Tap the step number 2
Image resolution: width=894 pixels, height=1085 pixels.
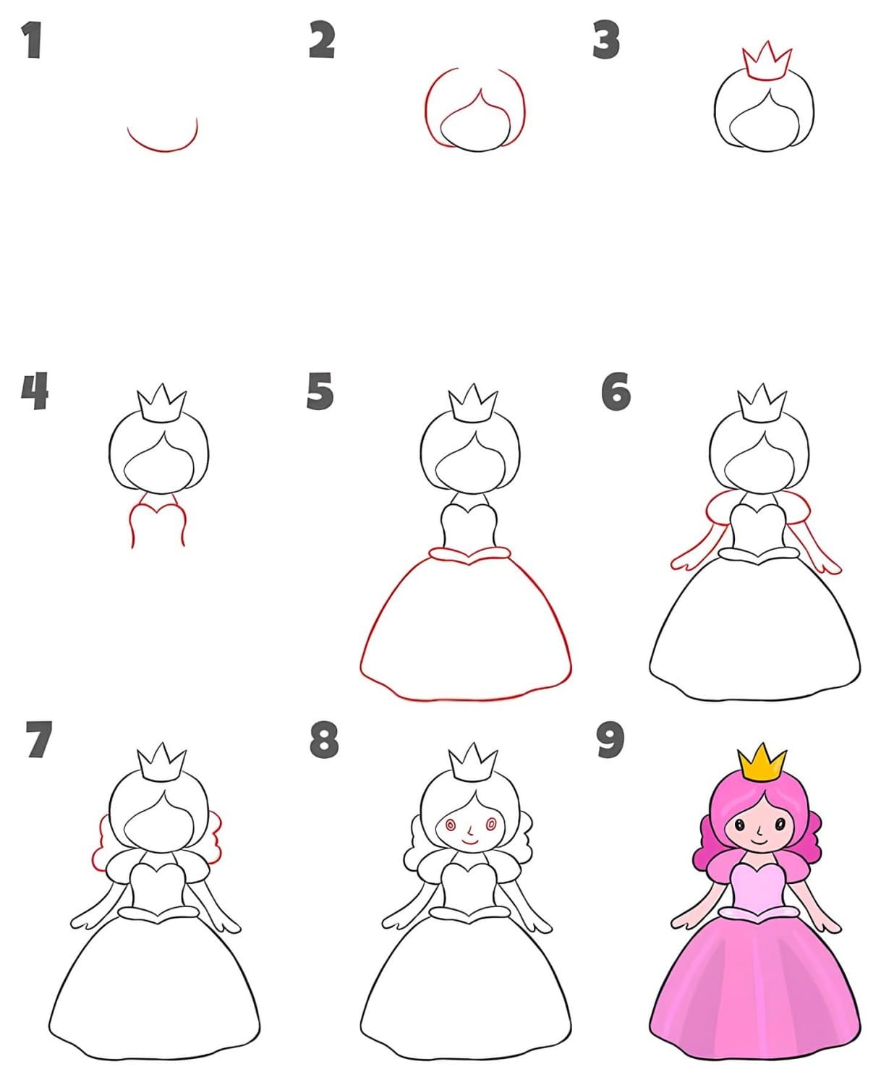321,40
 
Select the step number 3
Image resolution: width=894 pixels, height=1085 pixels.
606,40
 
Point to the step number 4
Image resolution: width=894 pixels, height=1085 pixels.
34,391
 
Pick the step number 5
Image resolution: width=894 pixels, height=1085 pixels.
320,391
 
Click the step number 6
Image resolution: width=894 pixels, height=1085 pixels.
616,391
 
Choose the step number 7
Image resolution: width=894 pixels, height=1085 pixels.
39,739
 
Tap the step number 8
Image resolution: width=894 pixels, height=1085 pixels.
324,739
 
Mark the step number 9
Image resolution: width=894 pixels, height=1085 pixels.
610,739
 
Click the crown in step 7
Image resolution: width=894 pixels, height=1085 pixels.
161,763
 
